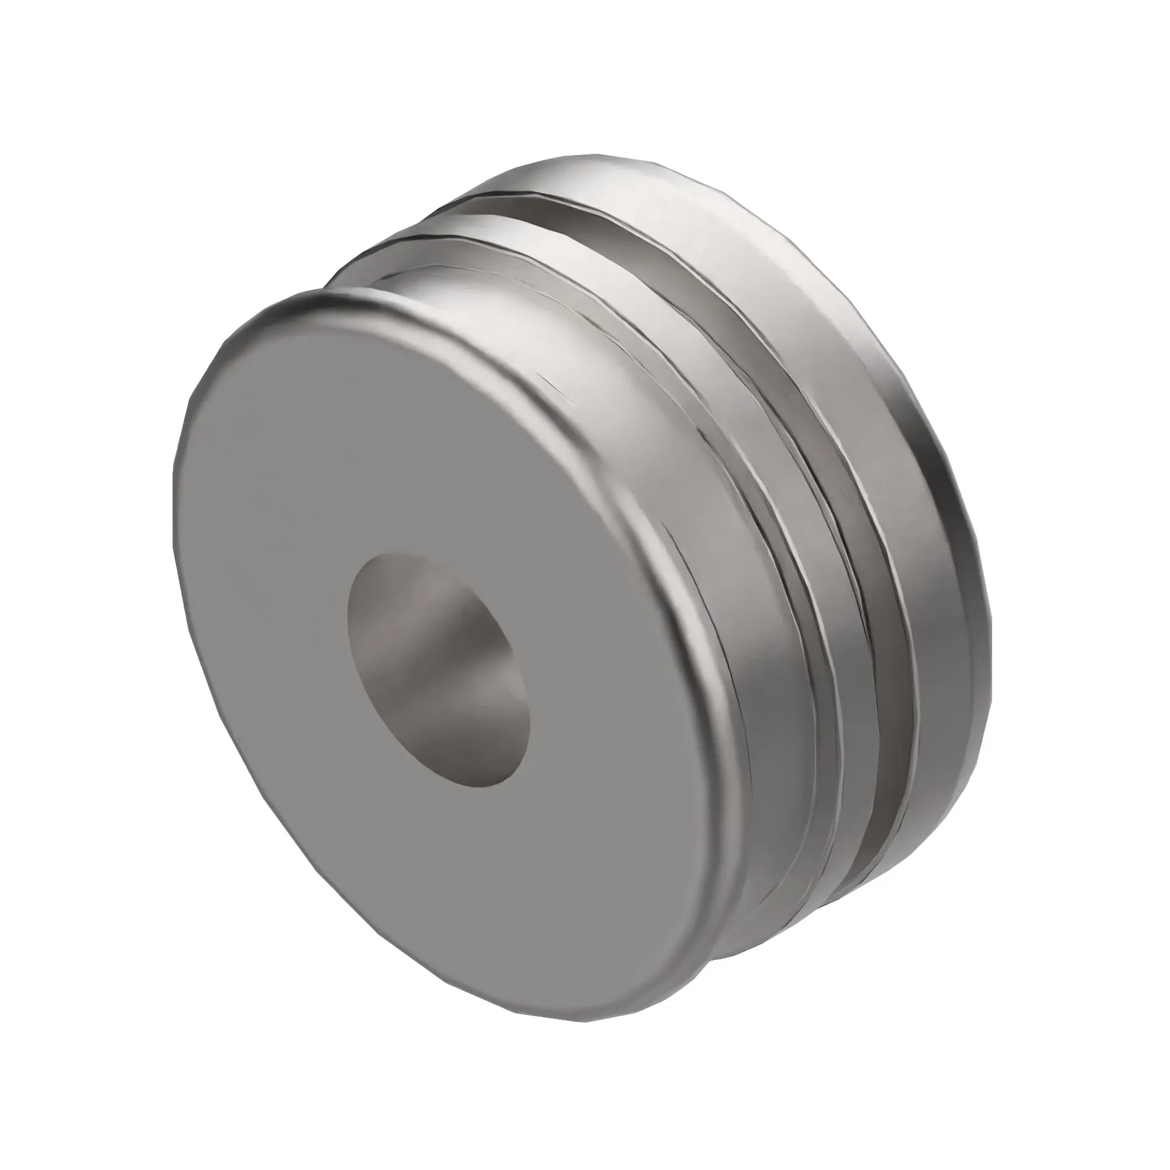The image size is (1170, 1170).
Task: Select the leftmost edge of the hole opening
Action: (349, 612)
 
